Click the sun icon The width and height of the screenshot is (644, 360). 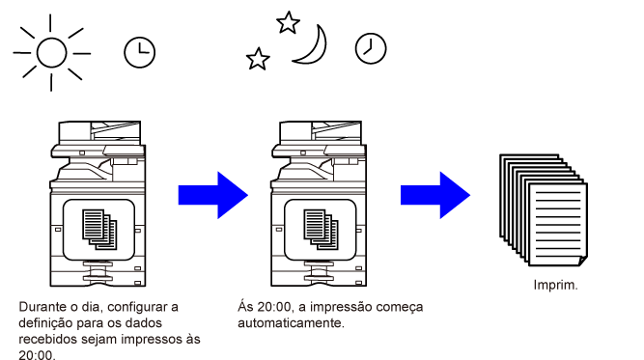52,52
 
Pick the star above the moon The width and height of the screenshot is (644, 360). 288,22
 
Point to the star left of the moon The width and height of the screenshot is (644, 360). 258,59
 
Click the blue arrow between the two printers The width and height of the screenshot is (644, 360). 213,195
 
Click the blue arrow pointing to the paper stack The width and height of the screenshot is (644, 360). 435,195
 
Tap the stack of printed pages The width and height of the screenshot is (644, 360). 544,210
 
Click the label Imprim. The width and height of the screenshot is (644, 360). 555,285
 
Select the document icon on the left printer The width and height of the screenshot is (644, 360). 99,230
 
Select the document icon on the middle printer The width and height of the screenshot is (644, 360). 321,230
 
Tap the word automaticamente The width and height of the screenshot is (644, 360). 291,323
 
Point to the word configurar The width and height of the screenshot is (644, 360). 138,307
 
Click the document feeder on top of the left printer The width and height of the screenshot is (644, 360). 99,132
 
